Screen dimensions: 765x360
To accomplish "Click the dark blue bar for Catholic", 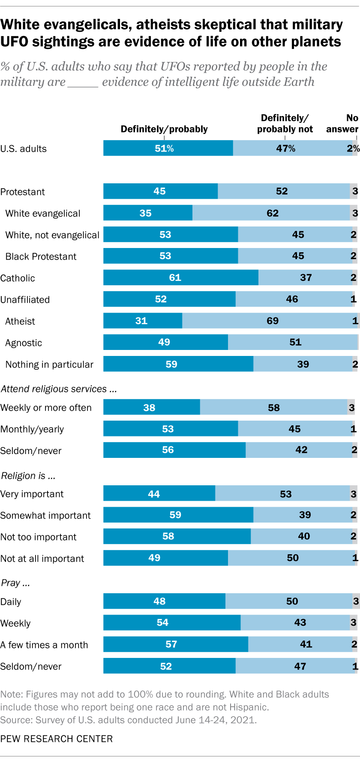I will pos(180,278).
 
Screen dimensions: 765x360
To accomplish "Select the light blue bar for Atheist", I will pos(270,321).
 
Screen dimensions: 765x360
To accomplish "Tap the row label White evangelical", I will pos(43,213).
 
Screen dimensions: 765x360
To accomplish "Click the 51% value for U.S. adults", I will pos(164,148).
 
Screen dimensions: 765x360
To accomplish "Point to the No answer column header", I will pos(342,123).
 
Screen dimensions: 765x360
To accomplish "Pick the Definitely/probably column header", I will pos(164,129).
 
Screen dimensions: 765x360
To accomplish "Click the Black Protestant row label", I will pos(41,257).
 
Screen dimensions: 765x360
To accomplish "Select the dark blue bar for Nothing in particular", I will pos(178,364).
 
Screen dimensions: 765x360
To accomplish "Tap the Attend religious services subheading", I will pos(59,389).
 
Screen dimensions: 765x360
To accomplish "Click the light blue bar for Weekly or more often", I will pos(273,407).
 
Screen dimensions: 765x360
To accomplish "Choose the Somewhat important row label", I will pos(45,515).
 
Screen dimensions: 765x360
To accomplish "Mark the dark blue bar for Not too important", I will pos(177,536).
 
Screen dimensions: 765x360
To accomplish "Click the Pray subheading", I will pos(16,583).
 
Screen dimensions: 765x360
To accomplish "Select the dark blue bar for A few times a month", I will pos(175,644).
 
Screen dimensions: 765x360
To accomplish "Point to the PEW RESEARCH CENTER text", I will pos(57,739).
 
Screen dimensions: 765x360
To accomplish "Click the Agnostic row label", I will pos(24,343).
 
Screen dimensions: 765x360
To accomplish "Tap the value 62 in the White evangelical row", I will pos(273,213).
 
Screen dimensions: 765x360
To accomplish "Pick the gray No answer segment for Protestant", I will pos(354,191).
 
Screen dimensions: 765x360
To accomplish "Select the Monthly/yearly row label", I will pos(32,429).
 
